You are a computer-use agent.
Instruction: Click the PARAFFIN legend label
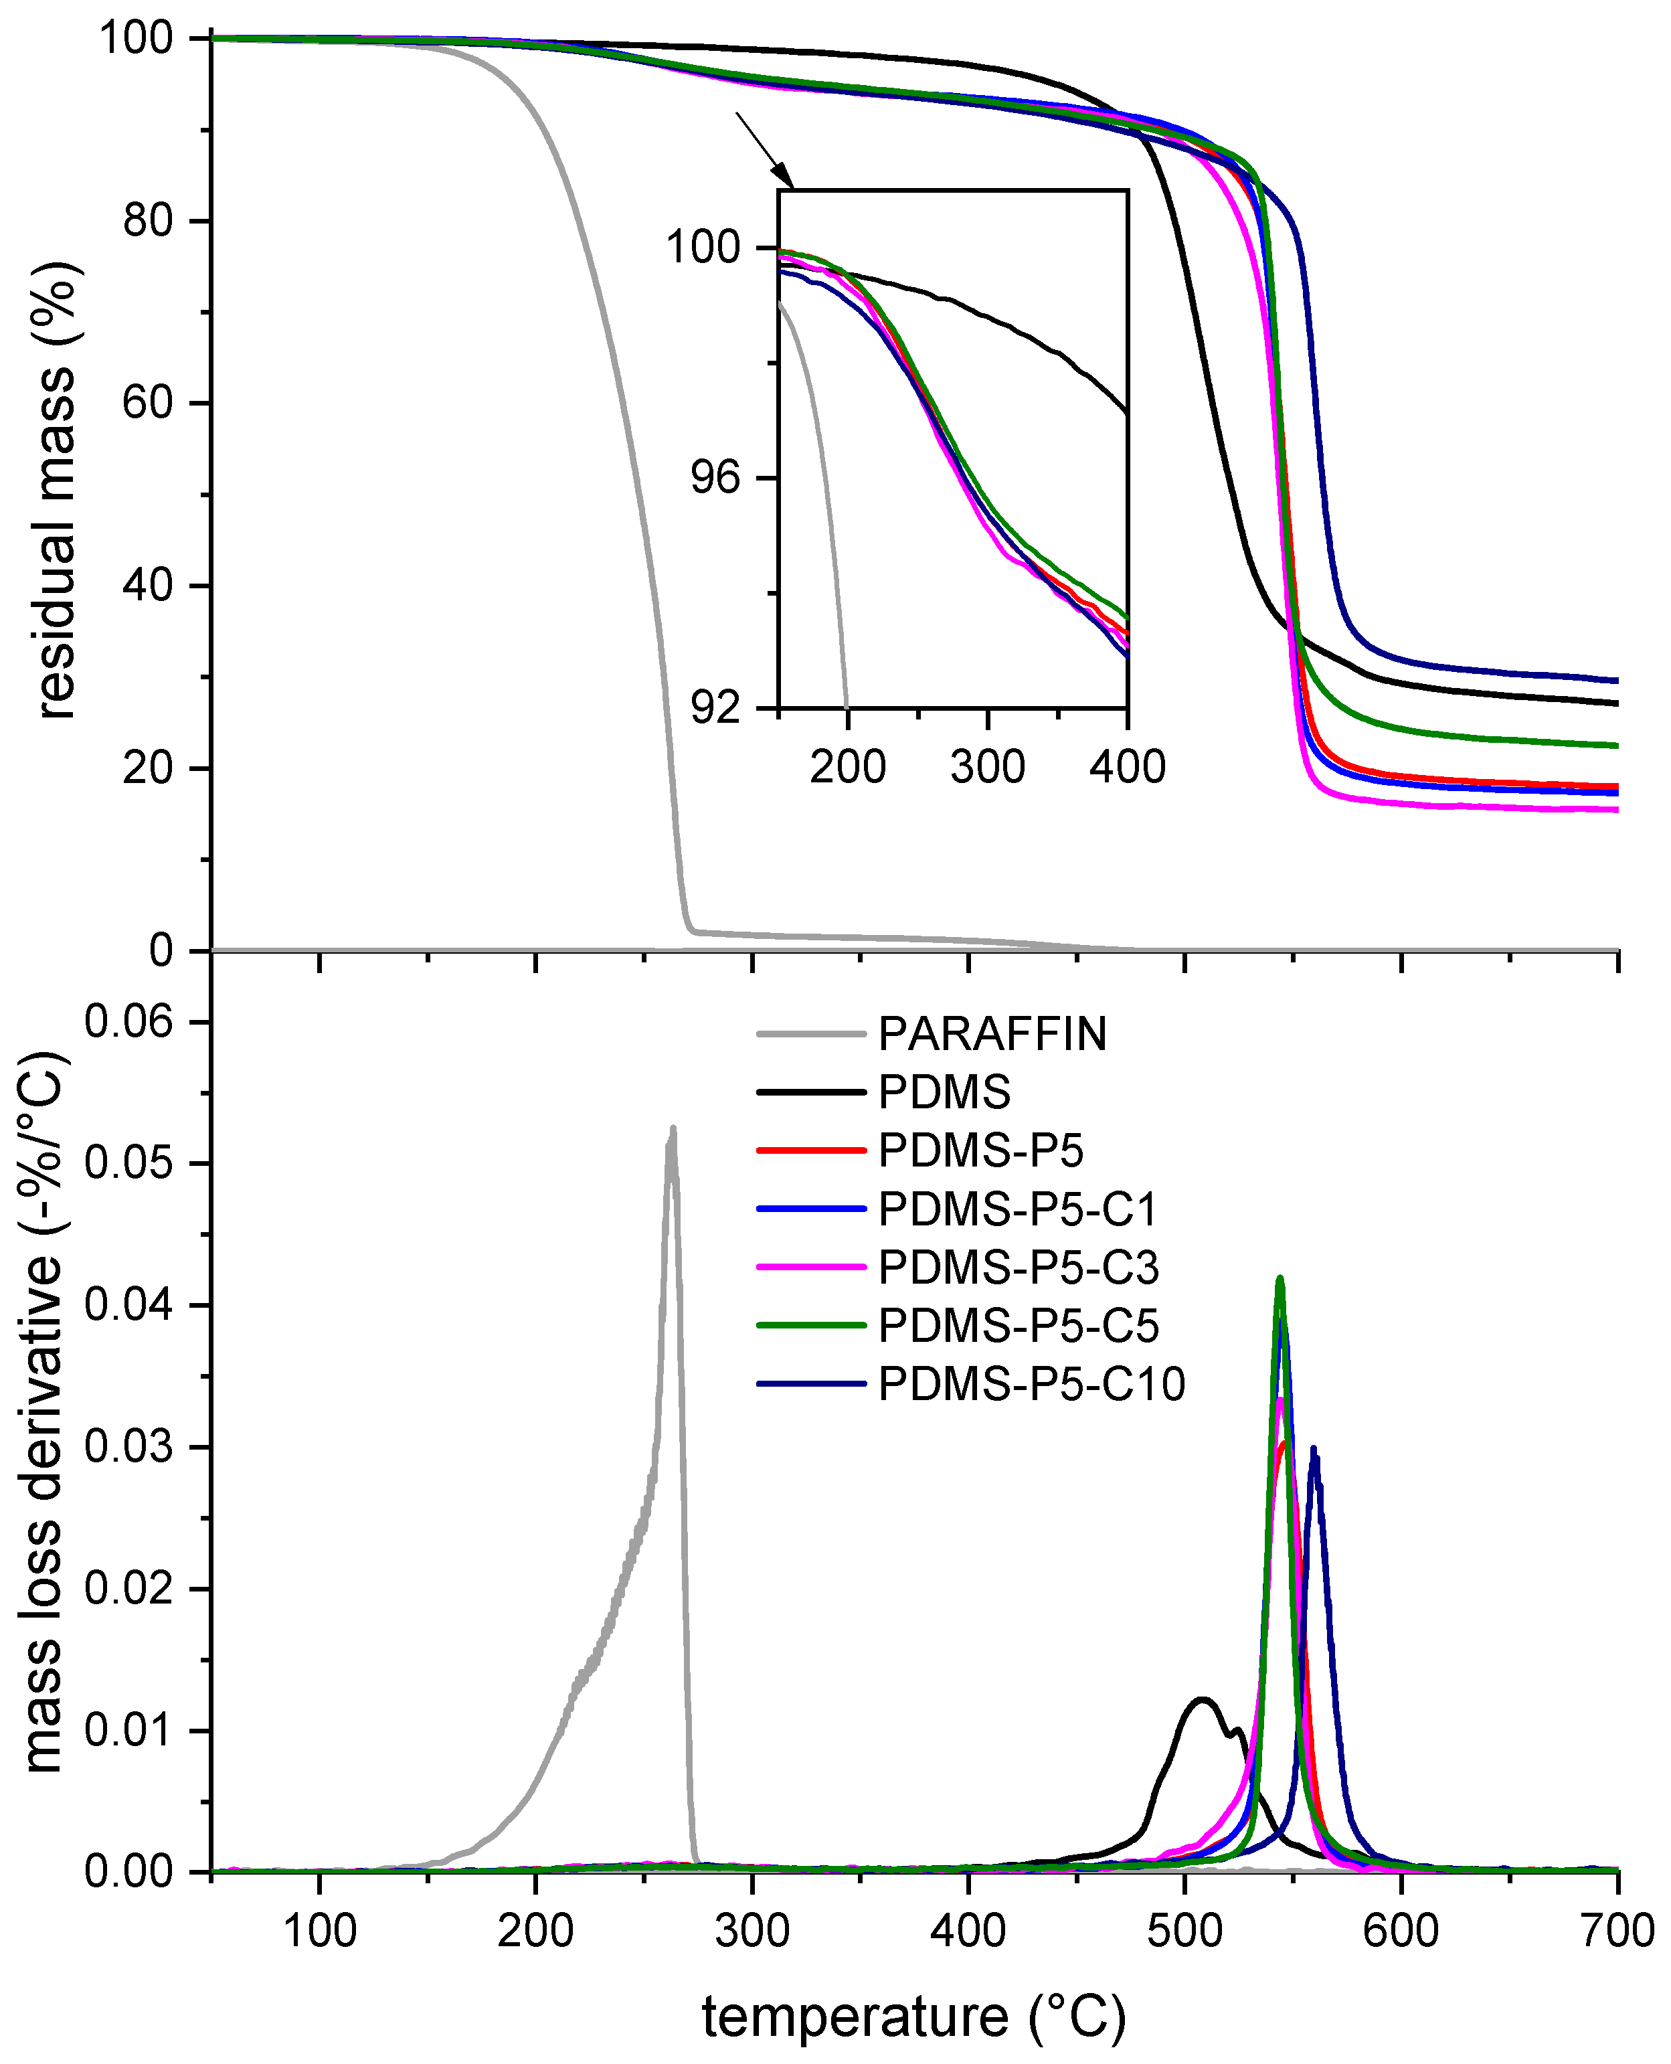click(x=992, y=1035)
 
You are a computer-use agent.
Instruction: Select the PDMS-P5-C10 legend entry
click(x=1031, y=1384)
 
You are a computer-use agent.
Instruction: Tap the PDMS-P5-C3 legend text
click(x=1017, y=1268)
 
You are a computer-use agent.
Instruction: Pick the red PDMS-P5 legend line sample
click(x=812, y=1150)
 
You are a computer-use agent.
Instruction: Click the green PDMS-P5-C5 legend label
click(x=1017, y=1326)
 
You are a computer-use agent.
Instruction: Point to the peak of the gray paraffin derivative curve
click(x=673, y=1129)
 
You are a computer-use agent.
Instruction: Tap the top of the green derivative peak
click(x=1280, y=1278)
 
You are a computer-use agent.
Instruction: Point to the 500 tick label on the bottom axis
click(x=1184, y=1930)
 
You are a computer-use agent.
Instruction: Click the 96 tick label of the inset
click(x=715, y=479)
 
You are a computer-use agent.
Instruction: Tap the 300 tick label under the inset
click(x=988, y=767)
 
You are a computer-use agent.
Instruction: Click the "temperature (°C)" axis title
click(x=913, y=2018)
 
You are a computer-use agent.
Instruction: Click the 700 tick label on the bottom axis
click(x=1617, y=1930)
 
